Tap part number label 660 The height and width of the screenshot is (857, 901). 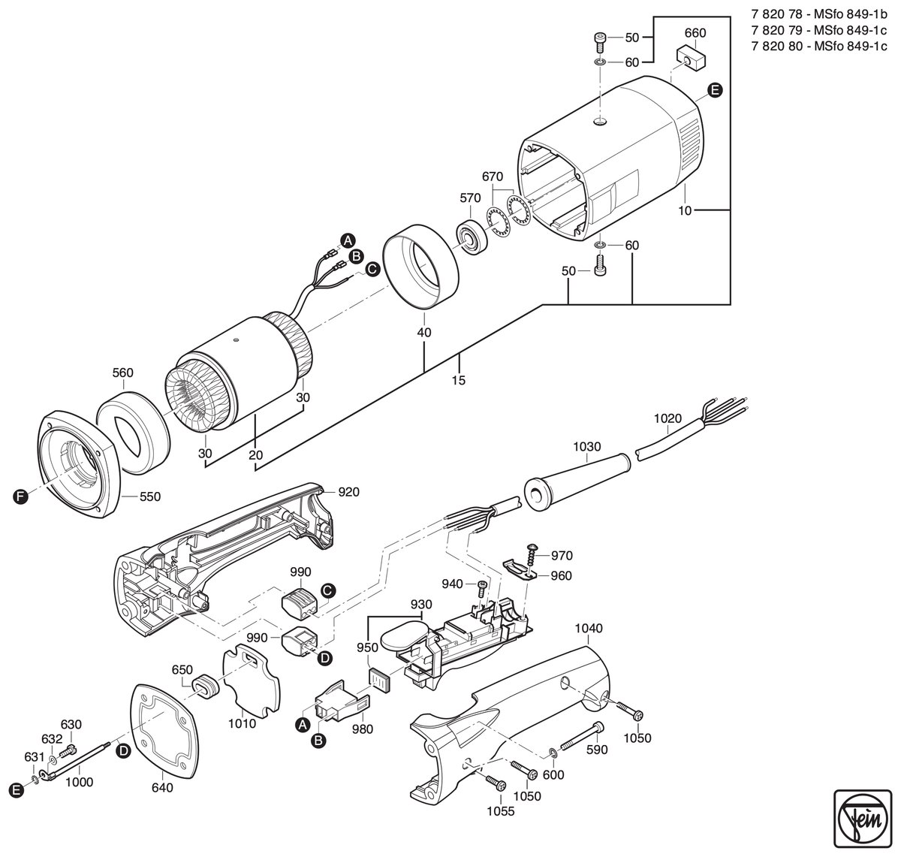coord(695,33)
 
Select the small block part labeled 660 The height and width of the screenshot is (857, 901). coord(691,57)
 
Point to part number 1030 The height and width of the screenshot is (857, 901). coord(587,446)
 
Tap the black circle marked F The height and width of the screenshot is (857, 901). coord(20,496)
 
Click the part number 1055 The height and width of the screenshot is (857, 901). coord(501,811)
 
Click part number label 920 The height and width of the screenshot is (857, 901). coord(348,492)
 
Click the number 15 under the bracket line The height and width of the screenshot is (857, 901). coord(458,380)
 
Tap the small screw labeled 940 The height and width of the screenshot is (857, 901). coord(482,587)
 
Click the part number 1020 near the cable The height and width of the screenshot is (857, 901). coord(667,418)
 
